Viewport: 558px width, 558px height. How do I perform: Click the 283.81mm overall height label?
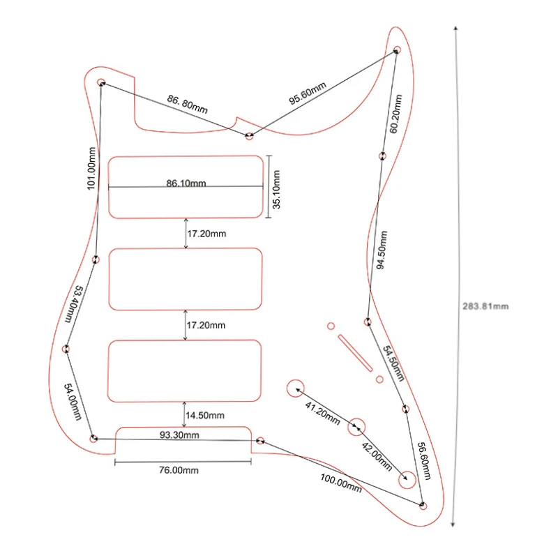point(485,306)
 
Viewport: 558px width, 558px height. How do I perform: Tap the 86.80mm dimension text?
point(187,105)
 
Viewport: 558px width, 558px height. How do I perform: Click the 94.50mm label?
point(382,248)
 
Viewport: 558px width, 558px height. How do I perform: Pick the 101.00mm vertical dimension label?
point(89,168)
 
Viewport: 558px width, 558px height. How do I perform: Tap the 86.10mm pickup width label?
point(186,183)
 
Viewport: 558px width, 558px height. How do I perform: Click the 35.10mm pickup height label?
point(276,188)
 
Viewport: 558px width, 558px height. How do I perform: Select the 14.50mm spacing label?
point(206,416)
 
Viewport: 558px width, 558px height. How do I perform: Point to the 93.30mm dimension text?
point(179,435)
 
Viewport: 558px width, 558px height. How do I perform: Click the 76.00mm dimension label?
point(178,471)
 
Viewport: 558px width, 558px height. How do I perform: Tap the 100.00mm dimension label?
point(341,482)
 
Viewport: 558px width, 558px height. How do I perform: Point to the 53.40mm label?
point(74,303)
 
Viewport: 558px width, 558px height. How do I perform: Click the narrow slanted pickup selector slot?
point(355,353)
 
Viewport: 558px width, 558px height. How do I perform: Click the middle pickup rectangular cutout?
point(186,279)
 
